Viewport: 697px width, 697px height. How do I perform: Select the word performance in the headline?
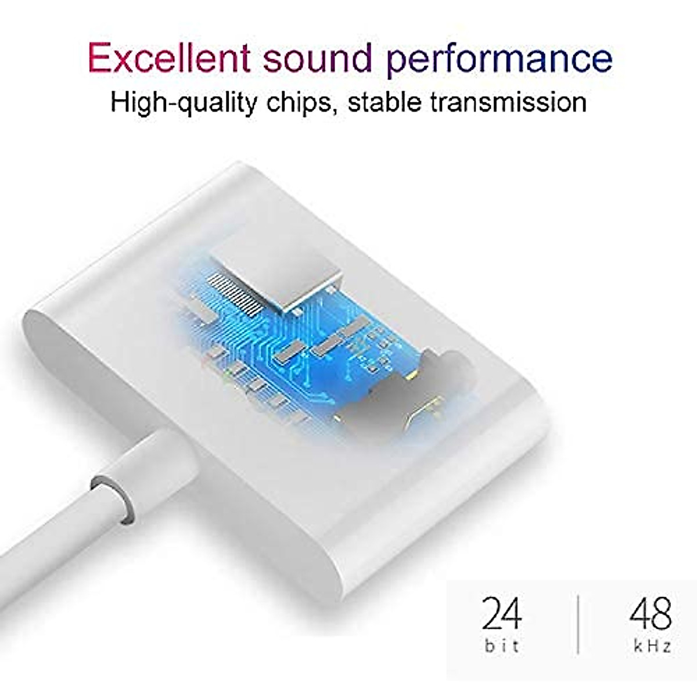click(x=500, y=58)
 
